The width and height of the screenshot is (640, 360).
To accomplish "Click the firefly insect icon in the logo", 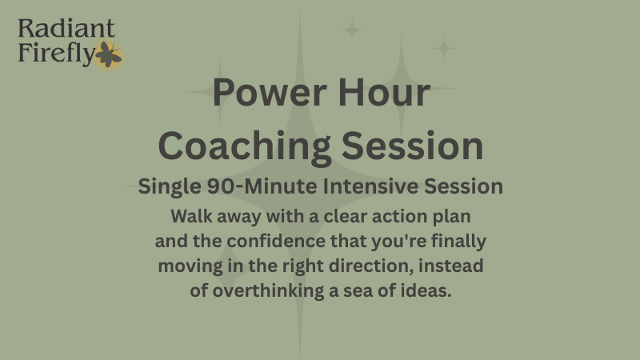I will [x=107, y=55].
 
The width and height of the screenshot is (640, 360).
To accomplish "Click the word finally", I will [x=457, y=240].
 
